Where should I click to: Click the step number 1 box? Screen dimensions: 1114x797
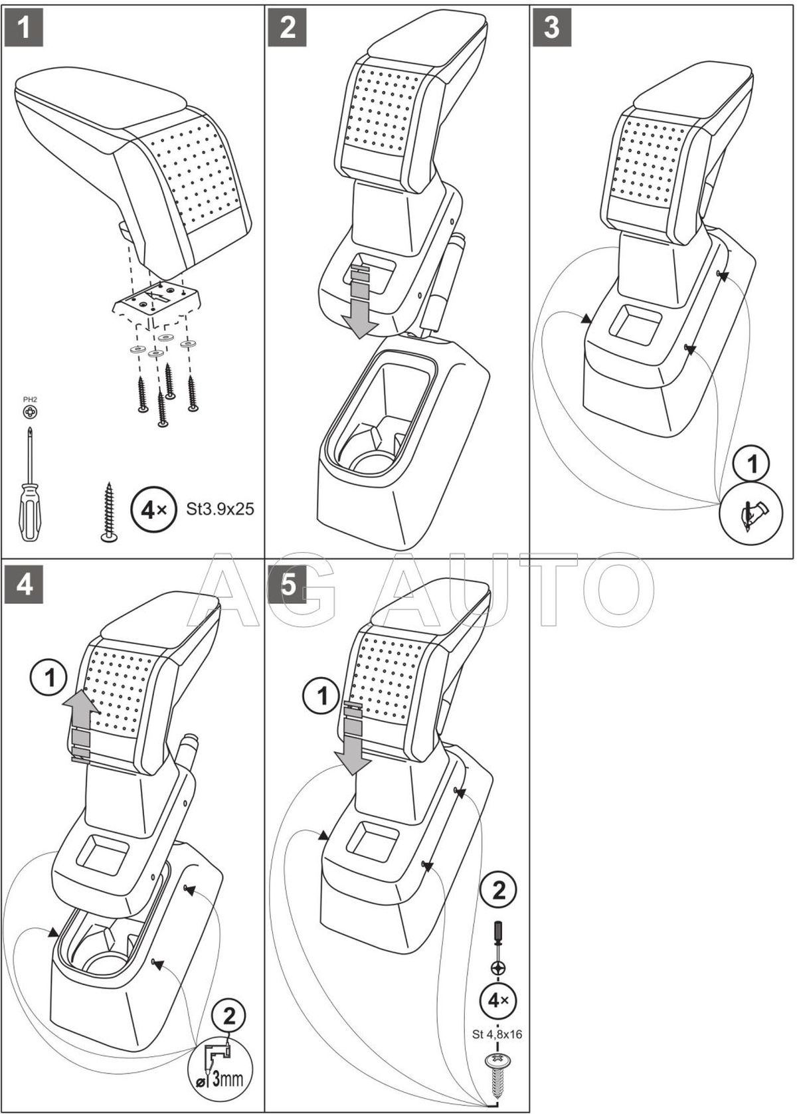(23, 28)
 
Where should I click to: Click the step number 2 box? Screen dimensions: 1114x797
(287, 28)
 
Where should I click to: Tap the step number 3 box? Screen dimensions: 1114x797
(551, 28)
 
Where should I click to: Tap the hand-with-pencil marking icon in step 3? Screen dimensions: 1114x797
(753, 512)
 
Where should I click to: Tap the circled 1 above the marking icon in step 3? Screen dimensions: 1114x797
(753, 464)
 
